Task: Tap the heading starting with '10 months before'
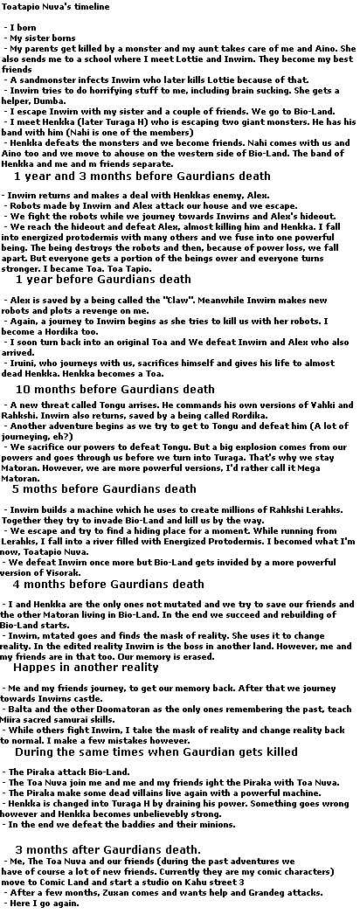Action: pos(114,389)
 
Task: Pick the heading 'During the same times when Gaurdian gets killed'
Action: pos(156,751)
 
